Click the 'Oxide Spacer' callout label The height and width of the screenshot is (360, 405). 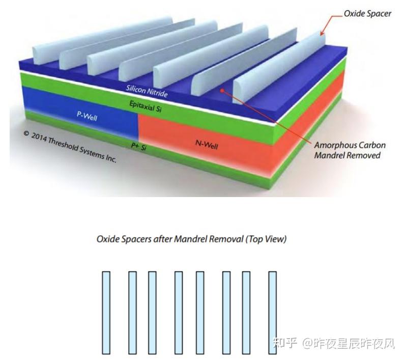(x=367, y=14)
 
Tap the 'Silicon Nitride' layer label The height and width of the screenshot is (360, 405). (x=147, y=90)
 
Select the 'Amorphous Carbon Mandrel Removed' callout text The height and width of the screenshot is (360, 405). (x=350, y=150)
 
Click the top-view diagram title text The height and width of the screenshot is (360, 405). (x=191, y=239)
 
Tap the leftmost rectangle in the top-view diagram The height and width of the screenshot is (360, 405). (x=106, y=312)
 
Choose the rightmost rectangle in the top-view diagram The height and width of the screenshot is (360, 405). (x=272, y=312)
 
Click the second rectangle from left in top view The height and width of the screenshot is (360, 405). (x=132, y=312)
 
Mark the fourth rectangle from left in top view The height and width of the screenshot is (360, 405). (x=179, y=312)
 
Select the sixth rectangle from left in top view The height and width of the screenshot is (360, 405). (x=226, y=312)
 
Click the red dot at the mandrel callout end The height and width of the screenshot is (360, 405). (x=221, y=90)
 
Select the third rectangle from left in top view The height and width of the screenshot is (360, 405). (x=152, y=312)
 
